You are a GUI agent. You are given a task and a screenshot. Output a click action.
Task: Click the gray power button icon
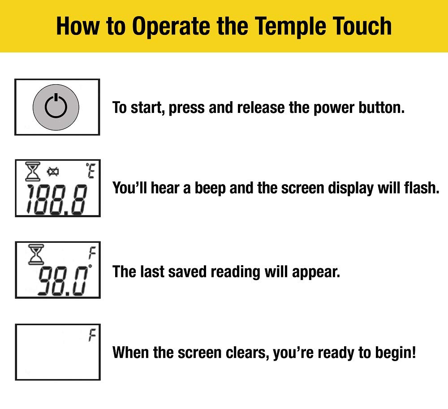point(56,107)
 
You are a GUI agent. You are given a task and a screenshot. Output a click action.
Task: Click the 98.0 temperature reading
point(62,280)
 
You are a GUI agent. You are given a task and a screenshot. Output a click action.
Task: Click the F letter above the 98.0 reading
point(92,254)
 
